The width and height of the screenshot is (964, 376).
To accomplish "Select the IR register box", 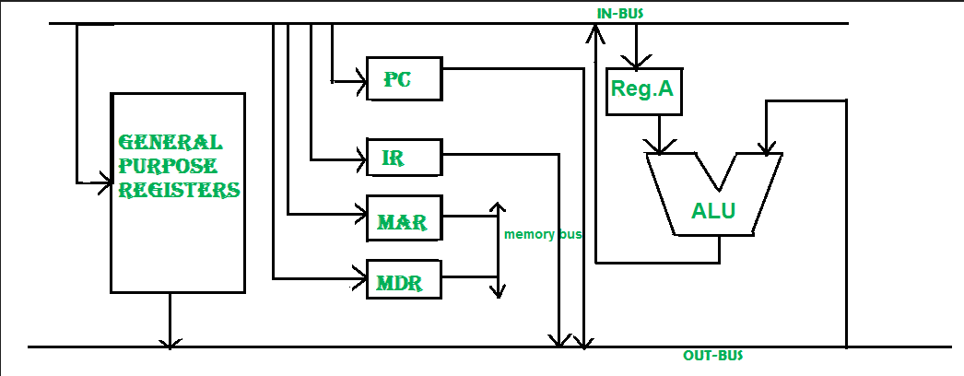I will pos(404,159).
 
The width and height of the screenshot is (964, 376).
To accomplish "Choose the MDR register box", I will pos(404,279).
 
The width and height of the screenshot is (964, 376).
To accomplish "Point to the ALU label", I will pos(713,211).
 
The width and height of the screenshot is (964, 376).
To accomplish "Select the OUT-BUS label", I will pos(712,356).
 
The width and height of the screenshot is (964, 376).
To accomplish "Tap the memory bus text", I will pos(543,234).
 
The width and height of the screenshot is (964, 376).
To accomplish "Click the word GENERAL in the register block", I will pos(170,144).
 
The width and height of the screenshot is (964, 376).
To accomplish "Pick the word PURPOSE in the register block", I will pos(168,167).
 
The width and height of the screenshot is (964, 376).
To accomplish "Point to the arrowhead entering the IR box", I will pos(360,160).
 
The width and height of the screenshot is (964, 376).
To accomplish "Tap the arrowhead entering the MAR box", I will pos(360,215).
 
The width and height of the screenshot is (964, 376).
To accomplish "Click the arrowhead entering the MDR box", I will pos(360,276).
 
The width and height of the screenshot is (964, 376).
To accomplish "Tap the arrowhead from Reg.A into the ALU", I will pos(660,147).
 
